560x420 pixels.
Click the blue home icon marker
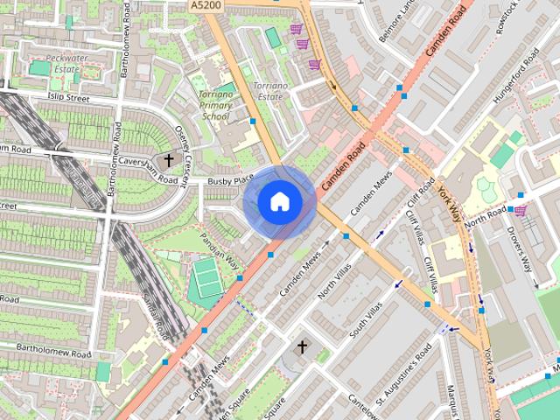(279, 202)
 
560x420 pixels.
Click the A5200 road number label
(204, 5)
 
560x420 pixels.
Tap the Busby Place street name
(230, 180)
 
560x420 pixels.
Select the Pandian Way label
(220, 248)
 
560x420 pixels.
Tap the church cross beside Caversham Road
(169, 160)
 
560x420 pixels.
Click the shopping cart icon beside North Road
(521, 211)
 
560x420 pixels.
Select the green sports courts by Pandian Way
(207, 277)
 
